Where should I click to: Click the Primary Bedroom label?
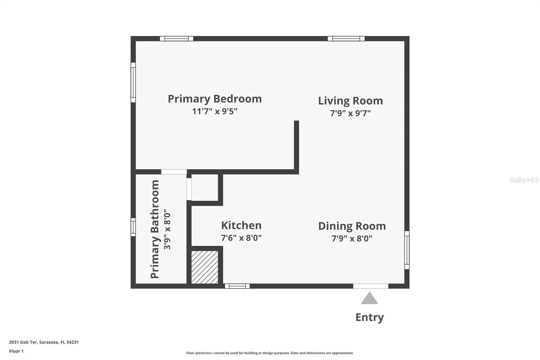coord(215,99)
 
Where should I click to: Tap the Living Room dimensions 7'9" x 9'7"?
coord(350,113)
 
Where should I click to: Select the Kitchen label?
coord(241,225)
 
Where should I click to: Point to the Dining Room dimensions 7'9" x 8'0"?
coord(352,238)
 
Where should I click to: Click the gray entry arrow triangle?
coord(369,299)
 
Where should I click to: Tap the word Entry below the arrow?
coord(370,317)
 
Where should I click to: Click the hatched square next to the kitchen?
coord(205,267)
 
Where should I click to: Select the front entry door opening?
coord(371,286)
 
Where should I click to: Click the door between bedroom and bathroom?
coord(174,172)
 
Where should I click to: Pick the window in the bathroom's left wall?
coord(133,227)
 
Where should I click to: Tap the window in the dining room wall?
coord(407,250)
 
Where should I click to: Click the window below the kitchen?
coord(237,286)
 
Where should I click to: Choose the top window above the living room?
coord(346,38)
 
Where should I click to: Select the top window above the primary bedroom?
coord(177,38)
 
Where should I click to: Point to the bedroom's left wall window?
coord(133,82)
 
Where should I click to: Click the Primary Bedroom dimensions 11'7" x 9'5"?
coord(215,111)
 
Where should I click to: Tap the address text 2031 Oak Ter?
coord(23,342)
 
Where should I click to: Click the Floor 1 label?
coord(17,351)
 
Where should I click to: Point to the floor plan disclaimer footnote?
coord(270,353)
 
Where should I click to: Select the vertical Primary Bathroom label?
coord(155,229)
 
